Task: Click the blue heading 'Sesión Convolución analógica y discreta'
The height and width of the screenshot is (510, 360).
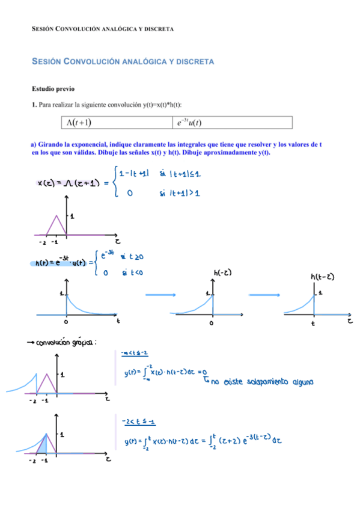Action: click(x=123, y=62)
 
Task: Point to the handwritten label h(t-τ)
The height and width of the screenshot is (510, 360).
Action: click(x=323, y=277)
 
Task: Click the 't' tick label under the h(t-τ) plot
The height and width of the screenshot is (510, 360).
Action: click(x=313, y=323)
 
